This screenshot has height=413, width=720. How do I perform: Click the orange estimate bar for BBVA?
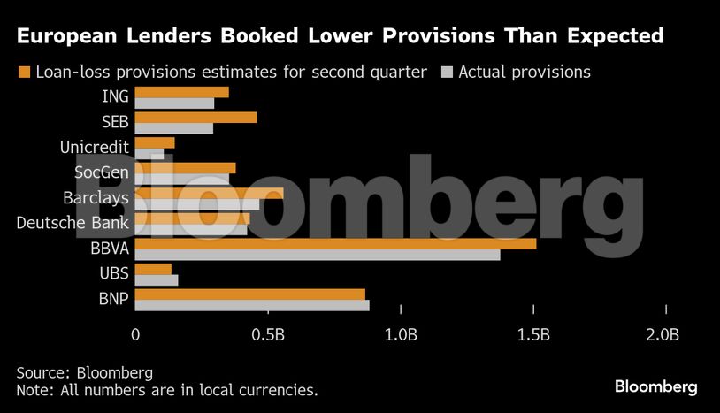335,243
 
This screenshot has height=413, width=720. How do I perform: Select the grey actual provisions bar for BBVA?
318,255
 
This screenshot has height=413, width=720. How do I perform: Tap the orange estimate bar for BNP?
249,294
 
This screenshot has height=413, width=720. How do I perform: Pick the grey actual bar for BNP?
252,306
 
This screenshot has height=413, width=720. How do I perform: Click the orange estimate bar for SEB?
195,117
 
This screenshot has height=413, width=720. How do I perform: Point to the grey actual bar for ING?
174,103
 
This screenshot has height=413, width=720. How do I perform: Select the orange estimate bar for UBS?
153,269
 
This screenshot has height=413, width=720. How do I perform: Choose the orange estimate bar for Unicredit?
155,142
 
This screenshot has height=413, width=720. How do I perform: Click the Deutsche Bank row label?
73,223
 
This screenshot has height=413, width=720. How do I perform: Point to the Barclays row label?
96,197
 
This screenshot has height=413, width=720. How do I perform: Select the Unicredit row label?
94,146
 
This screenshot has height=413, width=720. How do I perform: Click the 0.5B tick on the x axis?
268,335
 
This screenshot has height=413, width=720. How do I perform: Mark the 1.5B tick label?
533,335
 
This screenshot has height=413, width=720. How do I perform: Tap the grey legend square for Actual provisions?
447,72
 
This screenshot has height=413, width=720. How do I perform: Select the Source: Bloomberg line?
84,371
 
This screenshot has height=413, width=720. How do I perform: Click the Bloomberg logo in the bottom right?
655,386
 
